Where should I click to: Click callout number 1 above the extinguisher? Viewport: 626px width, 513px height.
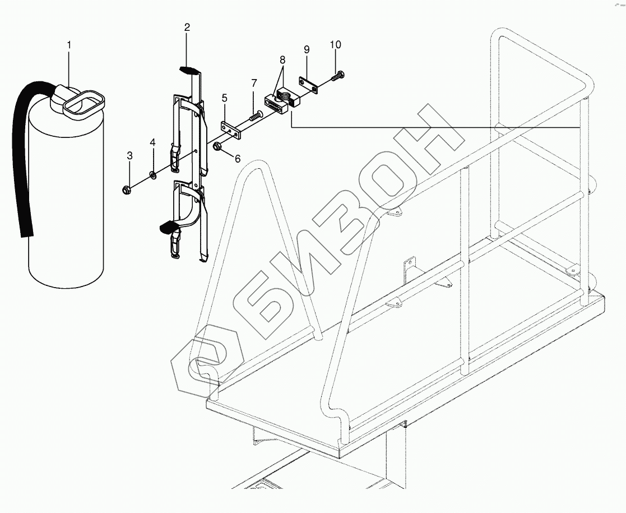[69, 44]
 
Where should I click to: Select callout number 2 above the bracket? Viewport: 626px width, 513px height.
[187, 27]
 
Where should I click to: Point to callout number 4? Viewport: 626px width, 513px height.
[152, 143]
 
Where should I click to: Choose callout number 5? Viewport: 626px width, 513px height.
[224, 98]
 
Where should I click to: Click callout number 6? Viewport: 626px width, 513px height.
[237, 159]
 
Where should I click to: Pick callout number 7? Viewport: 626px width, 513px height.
[254, 83]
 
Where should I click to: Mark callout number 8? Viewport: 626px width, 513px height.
[282, 59]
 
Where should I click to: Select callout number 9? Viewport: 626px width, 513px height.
[307, 49]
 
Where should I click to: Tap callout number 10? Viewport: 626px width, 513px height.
[335, 44]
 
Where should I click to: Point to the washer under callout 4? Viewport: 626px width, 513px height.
[152, 176]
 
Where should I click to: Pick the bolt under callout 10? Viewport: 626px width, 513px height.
[338, 76]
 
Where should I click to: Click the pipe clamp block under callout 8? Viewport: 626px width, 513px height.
[281, 102]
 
